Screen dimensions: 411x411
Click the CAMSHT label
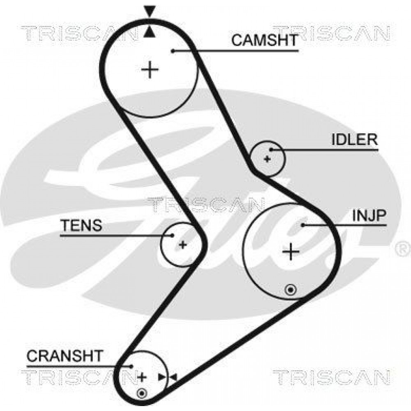265,40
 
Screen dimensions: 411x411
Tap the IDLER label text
354,139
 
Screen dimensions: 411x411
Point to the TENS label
81,225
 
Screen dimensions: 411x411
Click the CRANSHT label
65,356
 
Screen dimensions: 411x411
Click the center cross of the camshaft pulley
150,70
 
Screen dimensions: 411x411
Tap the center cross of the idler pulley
267,159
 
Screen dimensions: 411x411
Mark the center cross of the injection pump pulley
291,252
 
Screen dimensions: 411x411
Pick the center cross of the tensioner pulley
183,245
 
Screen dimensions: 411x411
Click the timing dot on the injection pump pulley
291,290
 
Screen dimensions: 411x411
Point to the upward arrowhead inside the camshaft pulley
149,32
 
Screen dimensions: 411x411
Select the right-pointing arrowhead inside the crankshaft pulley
162,377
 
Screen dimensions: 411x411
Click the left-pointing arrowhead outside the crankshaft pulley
173,377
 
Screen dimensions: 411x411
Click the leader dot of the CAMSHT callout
173,51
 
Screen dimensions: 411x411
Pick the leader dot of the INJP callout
303,225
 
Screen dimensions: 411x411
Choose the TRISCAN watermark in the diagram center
205,204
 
